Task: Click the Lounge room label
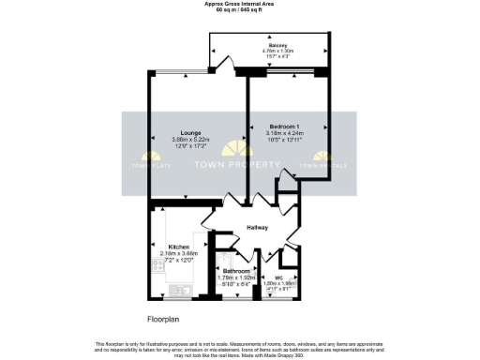(x=192, y=132)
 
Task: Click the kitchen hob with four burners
(x=156, y=266)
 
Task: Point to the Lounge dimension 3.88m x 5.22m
(x=192, y=140)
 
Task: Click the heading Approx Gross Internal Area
(x=239, y=4)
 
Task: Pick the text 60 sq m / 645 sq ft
(x=239, y=10)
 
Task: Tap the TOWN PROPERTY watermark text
(x=236, y=165)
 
